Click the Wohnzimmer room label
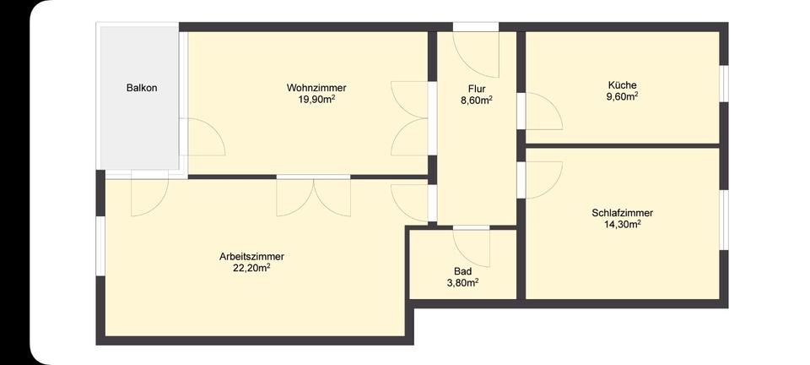click(x=316, y=87)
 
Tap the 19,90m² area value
click(x=316, y=99)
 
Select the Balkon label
click(x=142, y=87)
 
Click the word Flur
click(x=477, y=88)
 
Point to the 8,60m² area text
click(x=477, y=100)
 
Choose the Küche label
click(x=622, y=84)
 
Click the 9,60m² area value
click(x=622, y=96)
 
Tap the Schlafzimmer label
click(x=623, y=213)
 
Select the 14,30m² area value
click(x=623, y=225)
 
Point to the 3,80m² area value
click(x=462, y=283)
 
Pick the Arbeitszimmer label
click(x=251, y=256)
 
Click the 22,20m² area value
click(x=251, y=268)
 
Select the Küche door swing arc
click(x=539, y=110)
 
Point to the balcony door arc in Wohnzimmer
click(x=204, y=138)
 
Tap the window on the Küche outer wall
click(x=723, y=84)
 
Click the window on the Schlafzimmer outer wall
click(x=723, y=221)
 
